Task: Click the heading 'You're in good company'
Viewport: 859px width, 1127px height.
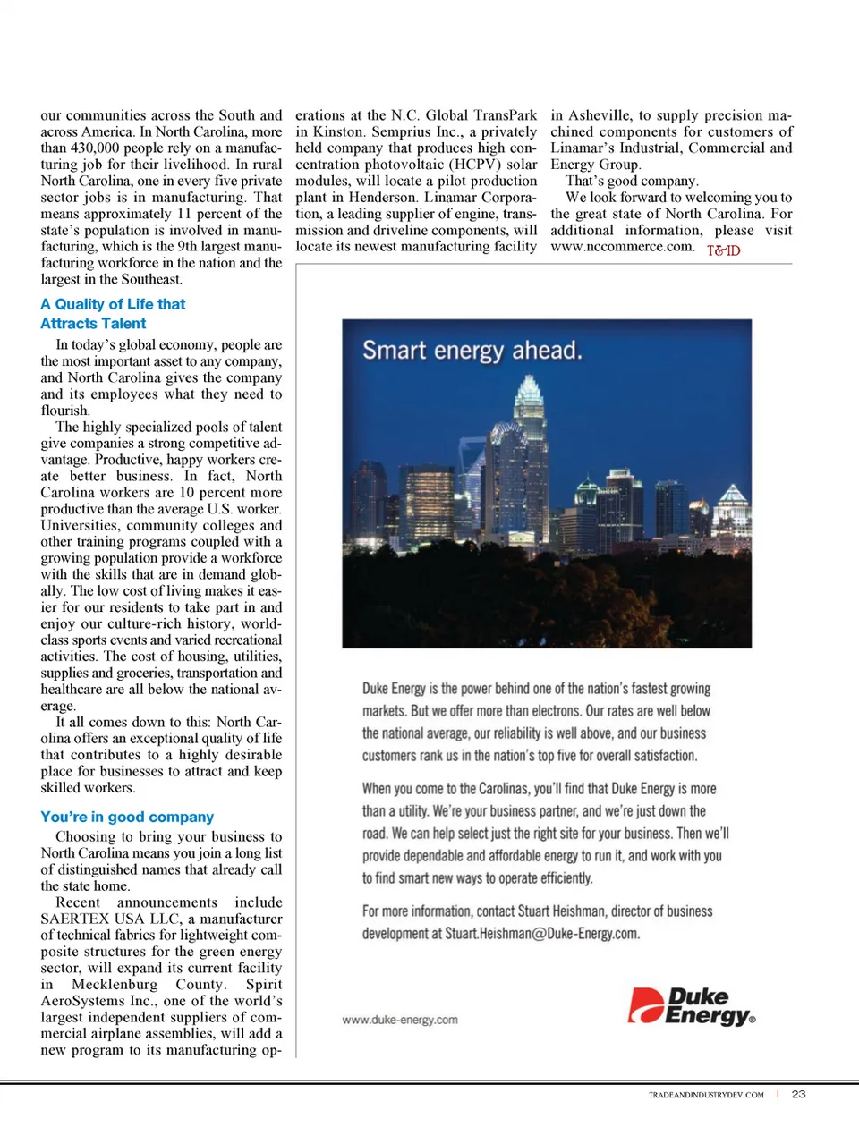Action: coord(127,817)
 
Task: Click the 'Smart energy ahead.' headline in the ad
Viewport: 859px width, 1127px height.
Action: coord(472,350)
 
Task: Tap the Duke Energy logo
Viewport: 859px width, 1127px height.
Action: coord(692,1005)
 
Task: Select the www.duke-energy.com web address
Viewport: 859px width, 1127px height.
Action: coord(399,1020)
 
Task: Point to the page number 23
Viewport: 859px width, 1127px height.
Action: coord(798,1094)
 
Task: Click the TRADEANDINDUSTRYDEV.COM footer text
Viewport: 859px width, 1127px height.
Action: coord(706,1095)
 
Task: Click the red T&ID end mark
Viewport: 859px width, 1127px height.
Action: coord(723,250)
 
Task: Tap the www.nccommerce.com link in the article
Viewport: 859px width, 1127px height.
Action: coord(622,247)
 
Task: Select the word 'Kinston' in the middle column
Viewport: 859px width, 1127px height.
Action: coord(338,131)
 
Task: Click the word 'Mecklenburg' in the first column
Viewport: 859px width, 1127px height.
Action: coord(115,985)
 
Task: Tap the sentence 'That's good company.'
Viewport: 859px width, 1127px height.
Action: coord(632,181)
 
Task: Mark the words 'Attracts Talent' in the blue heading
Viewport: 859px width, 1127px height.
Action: coord(93,324)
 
